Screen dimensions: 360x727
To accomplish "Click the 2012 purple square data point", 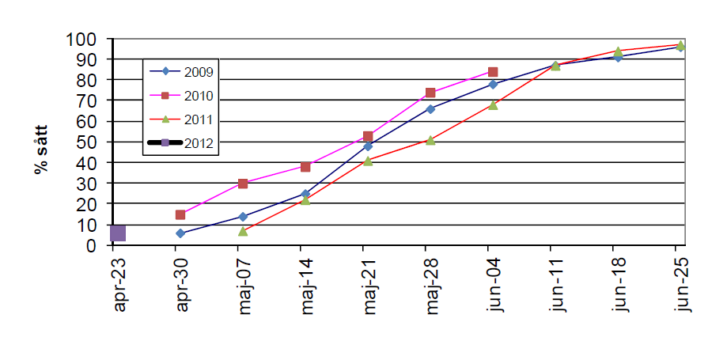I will [118, 233].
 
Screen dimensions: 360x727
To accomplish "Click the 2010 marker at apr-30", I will [180, 214].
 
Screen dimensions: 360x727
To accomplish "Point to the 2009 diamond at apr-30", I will [180, 233].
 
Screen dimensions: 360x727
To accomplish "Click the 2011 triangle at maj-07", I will [243, 231].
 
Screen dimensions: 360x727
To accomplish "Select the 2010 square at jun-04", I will [493, 72].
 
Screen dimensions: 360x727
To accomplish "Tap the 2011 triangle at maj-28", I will [430, 140].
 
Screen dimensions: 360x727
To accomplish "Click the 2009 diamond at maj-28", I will [430, 109].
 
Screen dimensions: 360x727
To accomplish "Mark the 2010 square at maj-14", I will [305, 167].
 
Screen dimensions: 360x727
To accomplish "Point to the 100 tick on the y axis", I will [85, 40].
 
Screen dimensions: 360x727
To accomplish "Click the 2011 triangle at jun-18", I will [618, 51].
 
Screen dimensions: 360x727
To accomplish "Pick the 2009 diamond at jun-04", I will [493, 84].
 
